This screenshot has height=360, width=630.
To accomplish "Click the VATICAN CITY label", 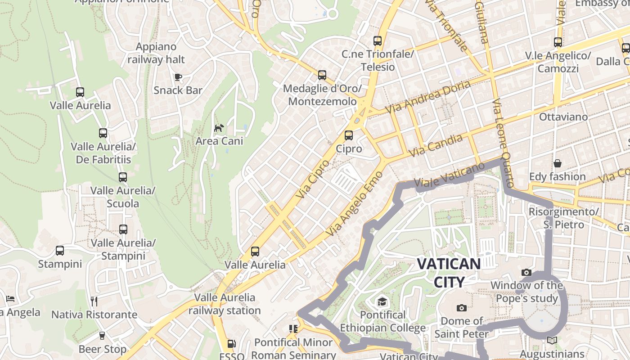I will point(449,273).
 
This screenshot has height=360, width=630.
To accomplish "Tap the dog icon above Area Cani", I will point(219,128).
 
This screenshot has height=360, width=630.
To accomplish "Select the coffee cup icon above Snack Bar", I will point(178,77).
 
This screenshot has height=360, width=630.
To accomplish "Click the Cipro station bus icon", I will point(349,135).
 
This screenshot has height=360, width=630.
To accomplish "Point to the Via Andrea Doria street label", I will point(428,97).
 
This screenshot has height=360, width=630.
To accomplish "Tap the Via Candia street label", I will point(436,146).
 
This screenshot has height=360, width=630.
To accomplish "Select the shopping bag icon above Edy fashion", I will point(558,163).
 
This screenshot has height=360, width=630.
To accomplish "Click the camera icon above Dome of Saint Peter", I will point(461,308).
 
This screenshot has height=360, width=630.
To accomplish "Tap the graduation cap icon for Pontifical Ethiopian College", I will point(382,301).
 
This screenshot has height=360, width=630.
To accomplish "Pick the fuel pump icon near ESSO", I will point(231,344).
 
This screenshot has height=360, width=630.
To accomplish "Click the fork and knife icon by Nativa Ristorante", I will point(94,301).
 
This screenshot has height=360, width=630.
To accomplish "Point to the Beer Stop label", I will point(103,349).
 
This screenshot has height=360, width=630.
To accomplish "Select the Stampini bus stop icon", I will point(60,251).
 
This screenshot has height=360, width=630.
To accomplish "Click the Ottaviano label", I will point(563,117).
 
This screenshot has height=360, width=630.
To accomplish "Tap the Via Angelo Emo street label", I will point(354,204).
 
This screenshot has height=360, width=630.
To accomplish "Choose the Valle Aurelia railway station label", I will point(225,304).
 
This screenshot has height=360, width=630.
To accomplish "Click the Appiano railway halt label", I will point(156,53).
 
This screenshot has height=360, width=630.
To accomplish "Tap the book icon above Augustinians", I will point(552,341).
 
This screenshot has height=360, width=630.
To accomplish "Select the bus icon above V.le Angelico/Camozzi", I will point(558,42).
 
